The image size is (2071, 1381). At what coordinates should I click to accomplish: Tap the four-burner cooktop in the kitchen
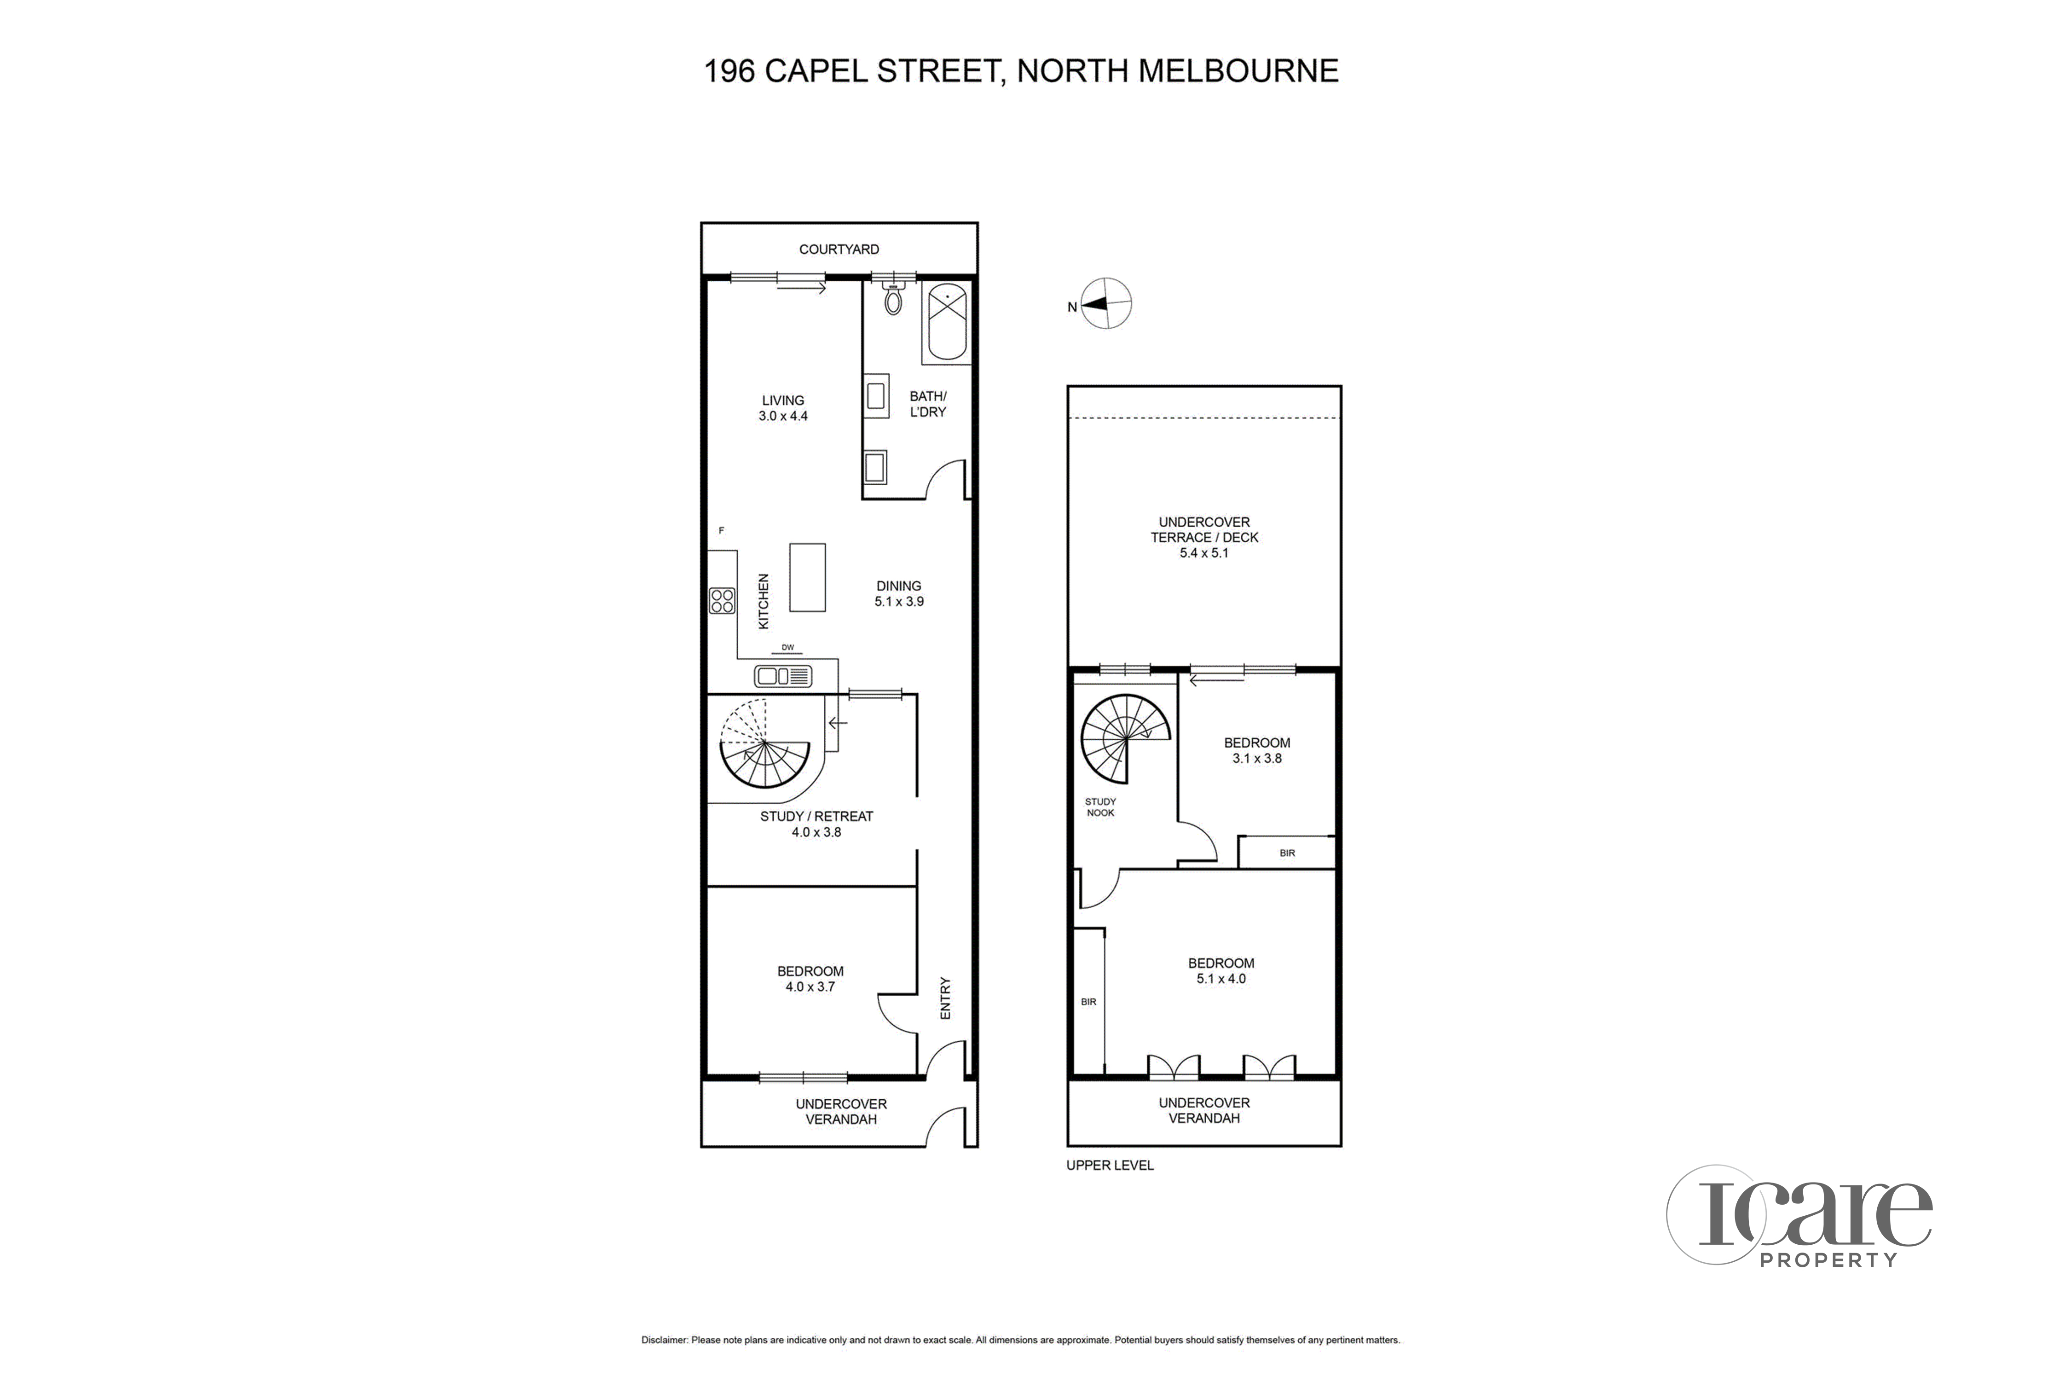722,601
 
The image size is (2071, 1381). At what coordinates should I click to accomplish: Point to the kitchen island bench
807,577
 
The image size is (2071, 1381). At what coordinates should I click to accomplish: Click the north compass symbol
1105,304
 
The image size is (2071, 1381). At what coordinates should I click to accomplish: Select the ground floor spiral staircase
764,744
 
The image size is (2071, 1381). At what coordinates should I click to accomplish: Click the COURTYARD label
839,249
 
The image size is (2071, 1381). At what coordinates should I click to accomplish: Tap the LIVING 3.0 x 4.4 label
783,408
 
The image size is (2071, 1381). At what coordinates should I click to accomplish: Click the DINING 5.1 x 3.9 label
899,594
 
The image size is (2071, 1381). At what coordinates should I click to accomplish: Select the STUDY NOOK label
1101,807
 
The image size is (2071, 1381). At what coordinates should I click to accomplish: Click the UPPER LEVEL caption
1110,1165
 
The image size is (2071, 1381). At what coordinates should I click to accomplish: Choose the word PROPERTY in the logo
1828,1260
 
